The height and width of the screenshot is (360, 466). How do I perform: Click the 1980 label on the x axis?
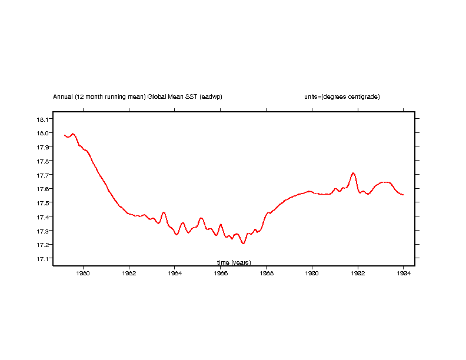pos(83,273)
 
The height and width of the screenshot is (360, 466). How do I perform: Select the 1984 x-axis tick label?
pos(175,273)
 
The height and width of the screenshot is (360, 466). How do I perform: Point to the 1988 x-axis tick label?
pos(266,273)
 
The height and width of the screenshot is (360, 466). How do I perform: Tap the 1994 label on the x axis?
pos(403,273)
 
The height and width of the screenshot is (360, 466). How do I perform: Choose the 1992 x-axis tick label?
pos(358,273)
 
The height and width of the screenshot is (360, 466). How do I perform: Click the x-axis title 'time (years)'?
pos(234,262)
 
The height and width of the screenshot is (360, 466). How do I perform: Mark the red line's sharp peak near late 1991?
pos(353,173)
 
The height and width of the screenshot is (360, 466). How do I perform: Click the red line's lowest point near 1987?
pos(243,244)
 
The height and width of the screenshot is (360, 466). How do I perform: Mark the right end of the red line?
pos(403,195)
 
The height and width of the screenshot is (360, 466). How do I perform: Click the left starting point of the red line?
pos(64,135)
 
